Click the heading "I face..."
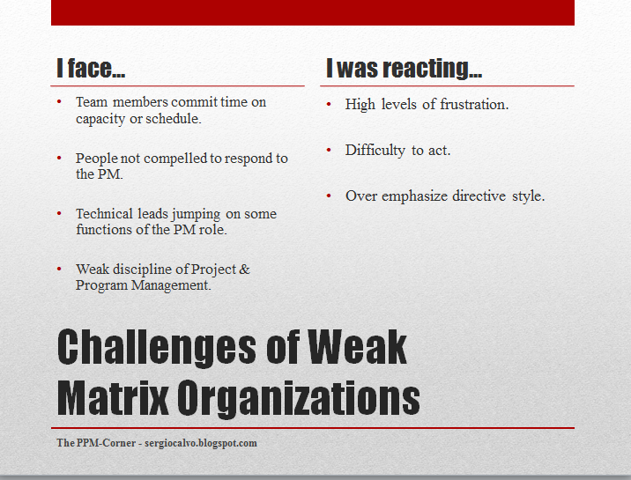(93, 69)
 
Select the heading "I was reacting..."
(404, 69)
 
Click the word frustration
(467, 105)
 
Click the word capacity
(101, 119)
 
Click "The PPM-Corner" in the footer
(95, 443)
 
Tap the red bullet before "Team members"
(59, 102)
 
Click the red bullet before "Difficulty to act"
(329, 150)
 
